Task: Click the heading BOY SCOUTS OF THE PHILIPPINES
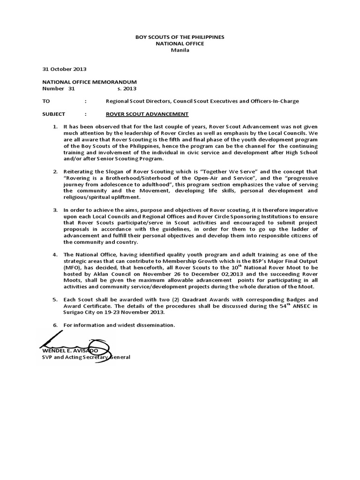tap(180, 37)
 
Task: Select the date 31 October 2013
tap(58, 68)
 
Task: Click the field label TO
tap(45, 101)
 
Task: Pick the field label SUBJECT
tap(54, 114)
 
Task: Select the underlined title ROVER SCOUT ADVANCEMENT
tap(147, 114)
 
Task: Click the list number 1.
tap(55, 127)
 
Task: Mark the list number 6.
tap(55, 325)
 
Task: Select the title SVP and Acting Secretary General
tap(86, 357)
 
